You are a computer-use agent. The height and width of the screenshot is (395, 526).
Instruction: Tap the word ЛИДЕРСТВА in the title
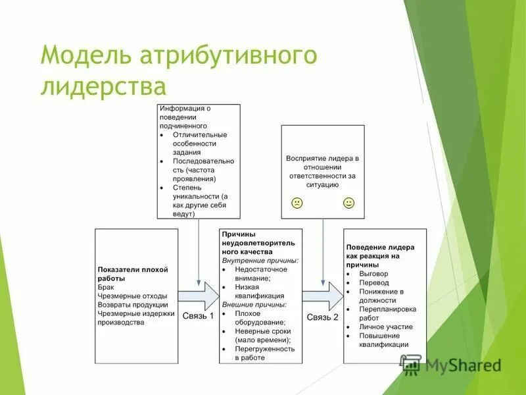click(103, 86)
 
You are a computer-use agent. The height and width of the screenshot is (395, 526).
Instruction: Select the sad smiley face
click(297, 203)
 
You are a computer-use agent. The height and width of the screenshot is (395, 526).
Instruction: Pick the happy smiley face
click(348, 203)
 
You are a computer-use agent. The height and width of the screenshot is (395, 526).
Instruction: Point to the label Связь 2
click(323, 317)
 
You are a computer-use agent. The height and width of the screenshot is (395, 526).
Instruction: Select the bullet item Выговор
click(373, 273)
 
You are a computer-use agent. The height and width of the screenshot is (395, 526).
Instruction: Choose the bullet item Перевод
click(374, 282)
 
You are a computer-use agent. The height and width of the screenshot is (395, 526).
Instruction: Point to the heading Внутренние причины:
click(260, 260)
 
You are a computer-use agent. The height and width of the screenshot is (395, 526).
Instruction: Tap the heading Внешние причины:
click(254, 305)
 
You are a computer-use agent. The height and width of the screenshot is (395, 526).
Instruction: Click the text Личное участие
click(386, 327)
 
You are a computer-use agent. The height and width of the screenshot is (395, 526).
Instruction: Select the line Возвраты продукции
click(131, 305)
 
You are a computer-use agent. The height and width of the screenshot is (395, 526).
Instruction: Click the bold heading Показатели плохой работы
click(133, 274)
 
